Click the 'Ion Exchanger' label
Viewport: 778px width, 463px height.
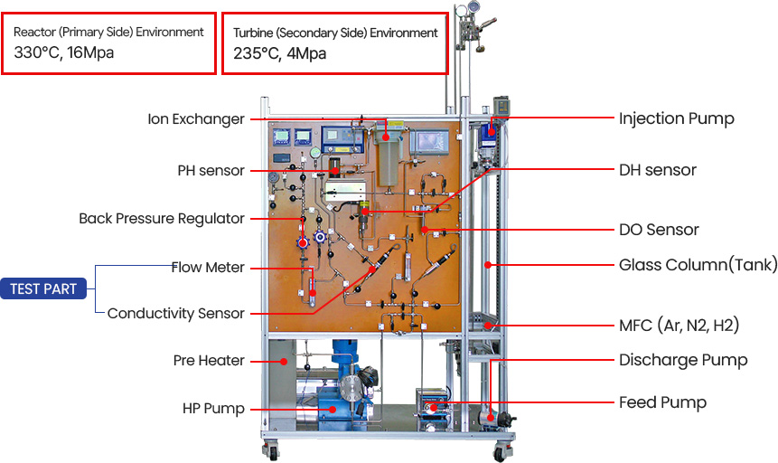click(x=196, y=119)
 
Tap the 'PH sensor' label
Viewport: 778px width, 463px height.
click(x=211, y=171)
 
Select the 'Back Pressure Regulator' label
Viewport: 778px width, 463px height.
click(x=162, y=219)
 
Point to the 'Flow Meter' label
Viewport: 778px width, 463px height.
click(x=209, y=267)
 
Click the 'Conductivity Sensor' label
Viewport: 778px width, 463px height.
click(x=176, y=314)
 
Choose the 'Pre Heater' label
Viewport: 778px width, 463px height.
click(x=209, y=361)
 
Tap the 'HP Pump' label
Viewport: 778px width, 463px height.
click(x=213, y=409)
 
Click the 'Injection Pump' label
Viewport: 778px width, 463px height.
click(x=676, y=118)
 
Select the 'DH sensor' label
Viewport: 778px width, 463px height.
click(x=658, y=170)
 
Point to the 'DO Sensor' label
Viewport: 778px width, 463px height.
click(x=659, y=230)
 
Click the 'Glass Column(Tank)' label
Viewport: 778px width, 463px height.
click(x=698, y=265)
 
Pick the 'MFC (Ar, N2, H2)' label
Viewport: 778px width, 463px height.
click(x=685, y=325)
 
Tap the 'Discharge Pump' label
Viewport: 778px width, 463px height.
click(x=683, y=360)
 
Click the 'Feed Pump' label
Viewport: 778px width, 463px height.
click(x=662, y=402)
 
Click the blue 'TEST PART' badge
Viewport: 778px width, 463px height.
click(x=43, y=289)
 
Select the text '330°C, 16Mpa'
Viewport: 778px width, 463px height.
click(x=64, y=52)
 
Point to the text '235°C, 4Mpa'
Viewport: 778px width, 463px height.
click(x=279, y=53)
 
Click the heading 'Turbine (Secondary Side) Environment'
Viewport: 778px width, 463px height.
click(x=335, y=33)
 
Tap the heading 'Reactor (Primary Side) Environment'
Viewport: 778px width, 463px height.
click(x=108, y=32)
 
